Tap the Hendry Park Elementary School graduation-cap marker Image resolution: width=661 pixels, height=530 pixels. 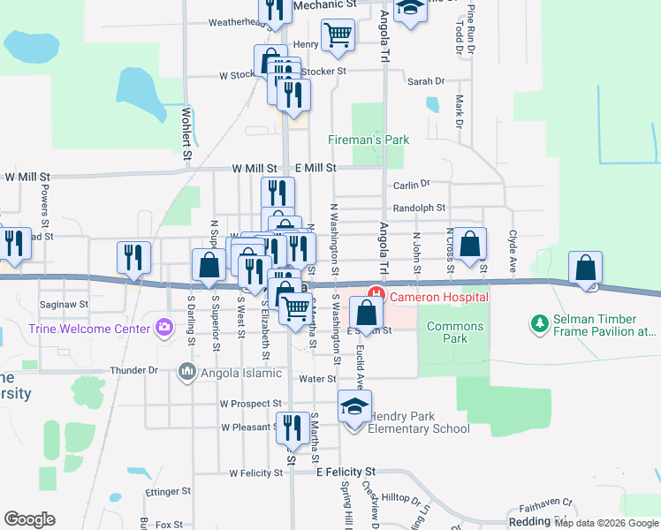354,407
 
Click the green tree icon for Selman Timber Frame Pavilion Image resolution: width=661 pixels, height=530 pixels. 540,324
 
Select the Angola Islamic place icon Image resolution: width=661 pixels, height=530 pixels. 186,371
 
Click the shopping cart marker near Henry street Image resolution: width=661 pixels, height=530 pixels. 338,36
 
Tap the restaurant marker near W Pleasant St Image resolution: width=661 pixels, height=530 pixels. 293,428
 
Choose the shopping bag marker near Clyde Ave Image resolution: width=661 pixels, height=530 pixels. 585,268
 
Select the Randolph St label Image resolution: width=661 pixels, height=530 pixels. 419,208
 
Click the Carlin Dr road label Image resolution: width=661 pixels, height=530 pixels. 411,185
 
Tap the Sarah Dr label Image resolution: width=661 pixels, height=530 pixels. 426,81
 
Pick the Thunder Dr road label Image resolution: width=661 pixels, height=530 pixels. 134,371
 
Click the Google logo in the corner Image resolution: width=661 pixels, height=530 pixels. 29,519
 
